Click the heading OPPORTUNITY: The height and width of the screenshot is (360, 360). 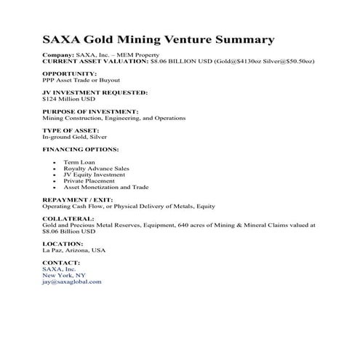tap(70, 73)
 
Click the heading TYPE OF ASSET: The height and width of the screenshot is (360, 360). tap(71, 130)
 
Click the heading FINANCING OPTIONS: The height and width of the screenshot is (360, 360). tap(80, 149)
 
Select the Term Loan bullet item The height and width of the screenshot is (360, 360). tap(80, 162)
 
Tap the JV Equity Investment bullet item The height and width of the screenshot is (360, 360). tap(94, 175)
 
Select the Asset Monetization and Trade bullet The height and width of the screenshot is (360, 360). tap(106, 187)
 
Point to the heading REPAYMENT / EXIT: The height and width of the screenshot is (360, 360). tap(79, 199)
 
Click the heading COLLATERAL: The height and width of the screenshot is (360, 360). tap(68, 218)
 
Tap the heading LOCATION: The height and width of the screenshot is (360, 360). tap(63, 244)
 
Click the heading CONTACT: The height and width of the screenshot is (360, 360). tap(61, 263)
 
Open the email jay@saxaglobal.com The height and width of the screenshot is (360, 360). tap(73, 281)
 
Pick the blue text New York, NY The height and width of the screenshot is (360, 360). tap(65, 275)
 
